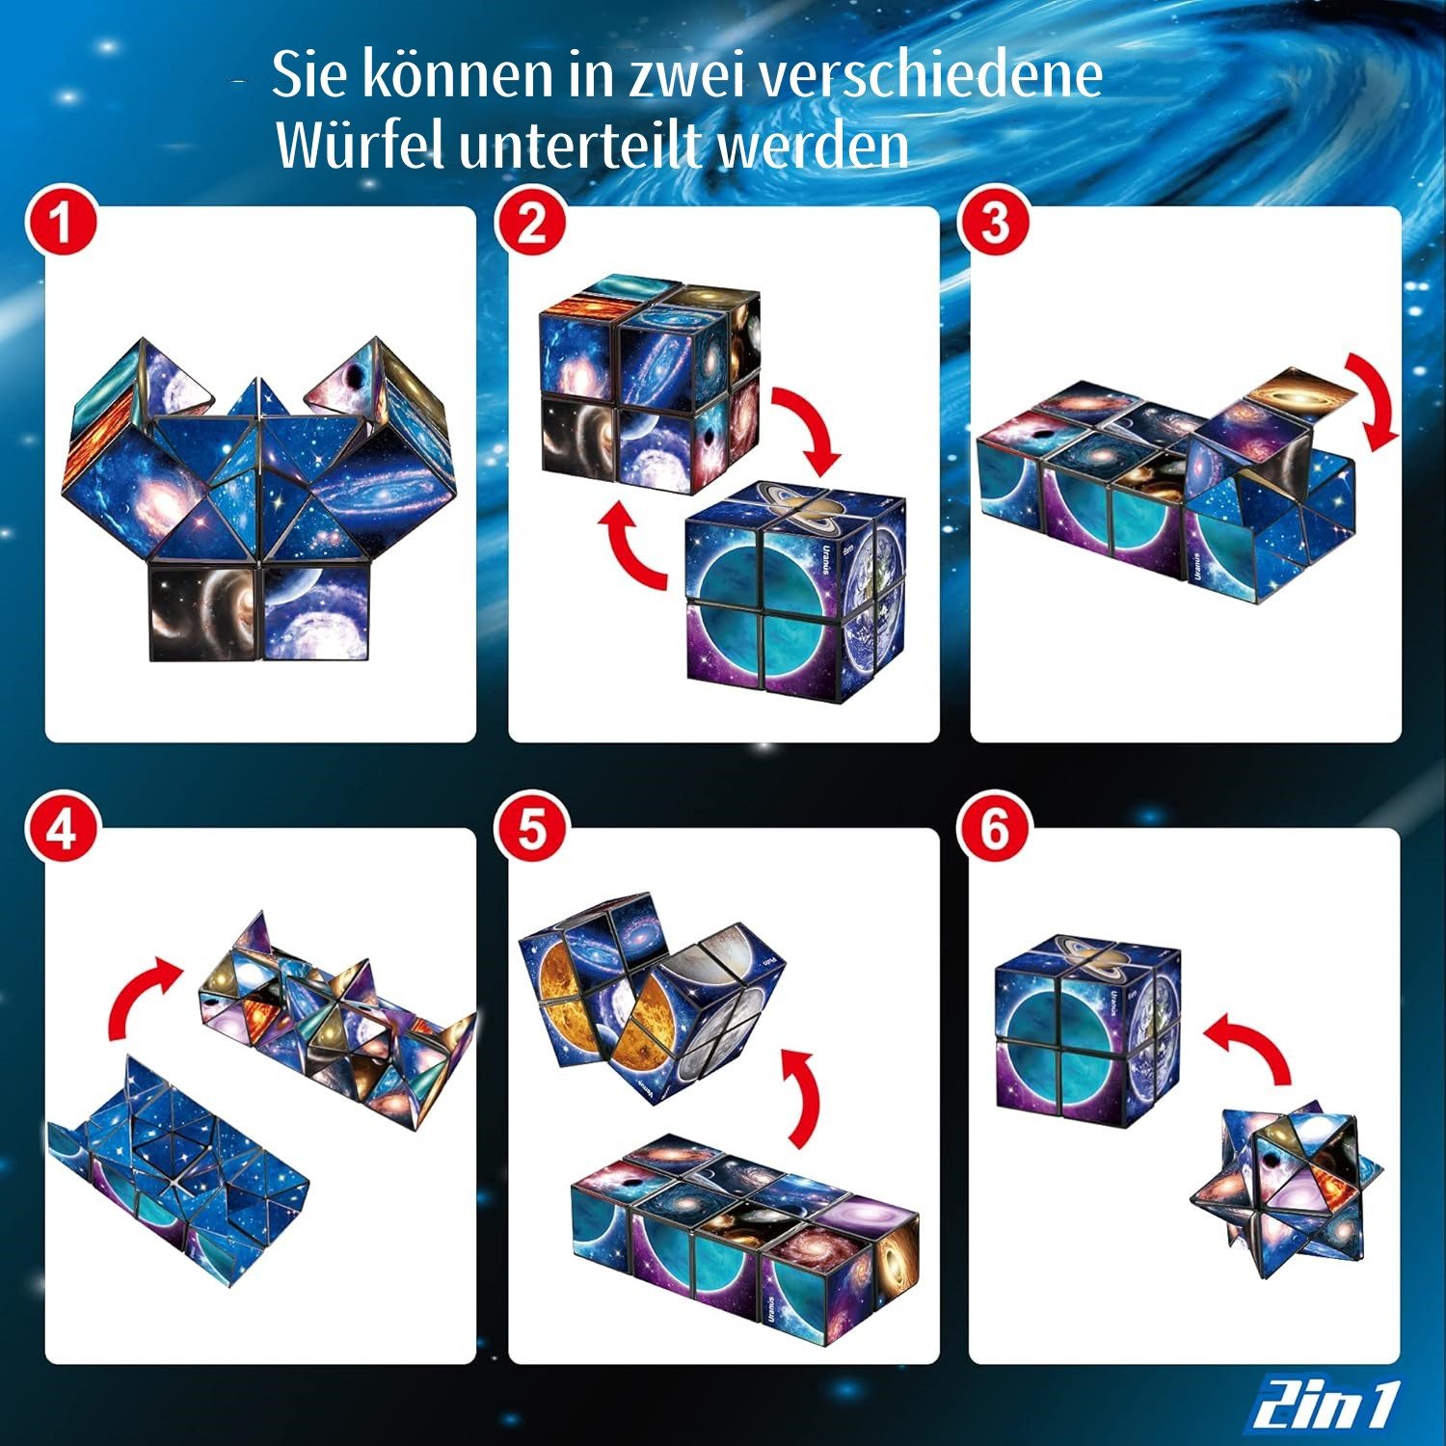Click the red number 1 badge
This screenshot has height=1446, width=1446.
[x=62, y=224]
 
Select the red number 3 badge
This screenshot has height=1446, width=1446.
[x=994, y=224]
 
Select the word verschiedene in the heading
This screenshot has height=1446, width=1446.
[x=931, y=74]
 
